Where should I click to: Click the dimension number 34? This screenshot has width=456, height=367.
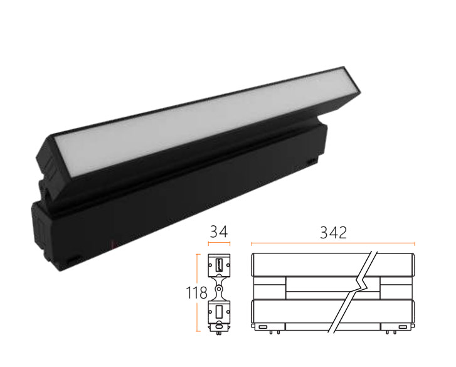[x=219, y=231]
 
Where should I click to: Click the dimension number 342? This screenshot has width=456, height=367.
[x=333, y=233]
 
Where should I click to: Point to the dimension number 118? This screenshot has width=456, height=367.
[x=196, y=292]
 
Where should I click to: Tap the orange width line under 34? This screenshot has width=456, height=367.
[x=219, y=243]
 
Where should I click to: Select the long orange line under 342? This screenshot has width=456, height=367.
[x=333, y=243]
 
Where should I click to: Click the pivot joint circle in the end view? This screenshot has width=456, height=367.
[x=219, y=289]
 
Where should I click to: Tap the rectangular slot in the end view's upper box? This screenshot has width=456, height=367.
[x=219, y=264]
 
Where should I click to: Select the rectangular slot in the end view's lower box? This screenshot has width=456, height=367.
[x=219, y=312]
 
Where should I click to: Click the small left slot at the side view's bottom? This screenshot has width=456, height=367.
[x=263, y=327]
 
